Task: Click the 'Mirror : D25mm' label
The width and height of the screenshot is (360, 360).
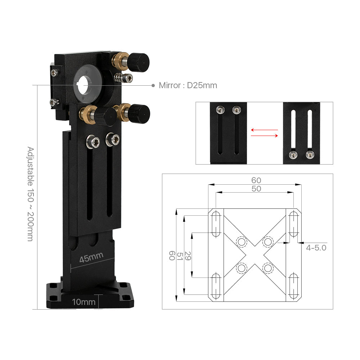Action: click(x=188, y=85)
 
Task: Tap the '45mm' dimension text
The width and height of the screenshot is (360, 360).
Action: click(x=91, y=257)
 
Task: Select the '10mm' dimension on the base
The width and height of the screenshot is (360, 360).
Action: click(x=83, y=302)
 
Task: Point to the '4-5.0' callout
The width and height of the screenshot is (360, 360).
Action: click(x=316, y=248)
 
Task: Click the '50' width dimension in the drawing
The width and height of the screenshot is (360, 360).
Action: click(x=256, y=189)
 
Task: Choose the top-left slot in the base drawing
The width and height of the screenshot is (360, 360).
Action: click(x=216, y=224)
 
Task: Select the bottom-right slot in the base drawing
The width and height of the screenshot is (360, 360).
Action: click(x=293, y=286)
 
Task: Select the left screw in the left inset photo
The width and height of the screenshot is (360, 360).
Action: click(x=219, y=110)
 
